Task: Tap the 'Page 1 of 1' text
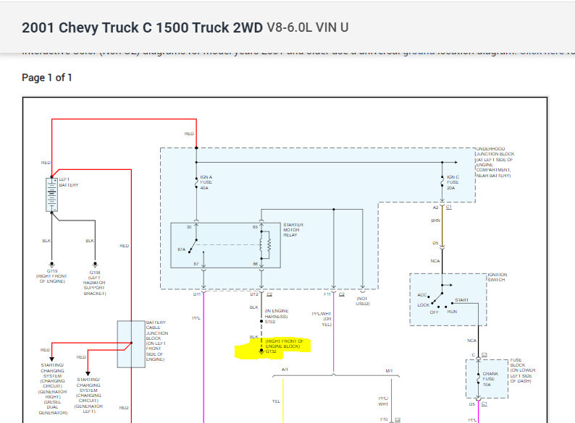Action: pyautogui.click(x=47, y=77)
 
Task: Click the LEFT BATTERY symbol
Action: pyautogui.click(x=52, y=194)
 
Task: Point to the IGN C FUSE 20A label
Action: pyautogui.click(x=453, y=182)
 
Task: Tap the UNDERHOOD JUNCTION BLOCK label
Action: pyautogui.click(x=496, y=162)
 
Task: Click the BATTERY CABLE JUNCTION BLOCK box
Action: pyautogui.click(x=131, y=343)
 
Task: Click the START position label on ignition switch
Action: pyautogui.click(x=461, y=300)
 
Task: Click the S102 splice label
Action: pyautogui.click(x=270, y=321)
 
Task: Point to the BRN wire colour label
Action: pyautogui.click(x=436, y=221)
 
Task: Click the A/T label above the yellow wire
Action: pyautogui.click(x=285, y=370)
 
